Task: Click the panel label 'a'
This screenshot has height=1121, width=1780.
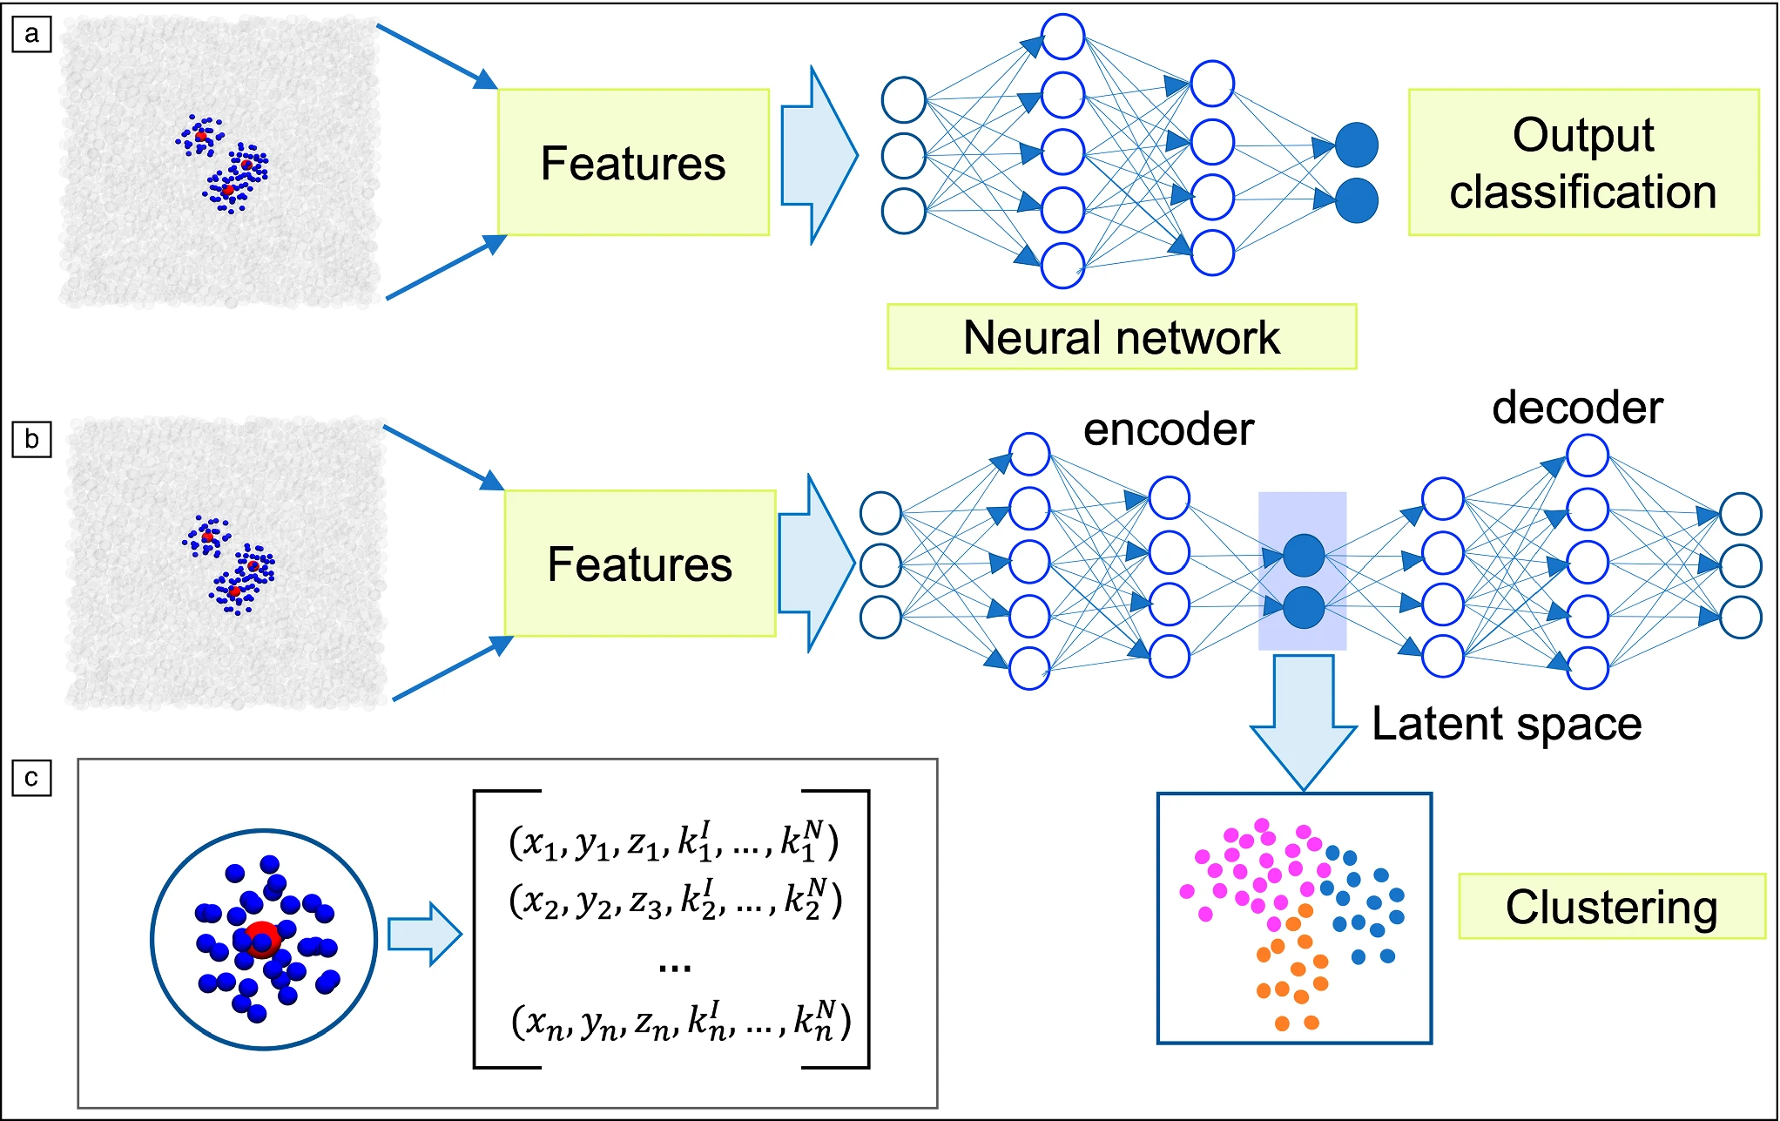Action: tap(32, 35)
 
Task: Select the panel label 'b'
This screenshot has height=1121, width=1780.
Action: tap(32, 439)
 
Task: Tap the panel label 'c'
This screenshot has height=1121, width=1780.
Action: tap(32, 777)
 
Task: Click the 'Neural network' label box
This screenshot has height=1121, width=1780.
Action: tap(1121, 337)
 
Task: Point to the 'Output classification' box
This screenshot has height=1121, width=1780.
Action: tap(1583, 163)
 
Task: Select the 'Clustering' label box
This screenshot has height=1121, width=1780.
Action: tap(1611, 907)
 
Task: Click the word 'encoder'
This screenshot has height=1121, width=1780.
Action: tap(1168, 429)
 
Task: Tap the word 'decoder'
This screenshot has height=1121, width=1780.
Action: tap(1577, 408)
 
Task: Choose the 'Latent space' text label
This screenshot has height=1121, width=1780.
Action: tap(1507, 724)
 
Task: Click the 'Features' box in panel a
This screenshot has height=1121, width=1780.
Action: tap(633, 163)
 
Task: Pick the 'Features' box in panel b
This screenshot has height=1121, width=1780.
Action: tap(640, 564)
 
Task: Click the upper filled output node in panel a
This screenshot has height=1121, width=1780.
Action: tap(1356, 145)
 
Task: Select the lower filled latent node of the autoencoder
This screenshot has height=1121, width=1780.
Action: tap(1304, 607)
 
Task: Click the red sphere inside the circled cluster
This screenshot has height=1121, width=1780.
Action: tap(262, 938)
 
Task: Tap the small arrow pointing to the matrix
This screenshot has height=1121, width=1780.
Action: tap(424, 934)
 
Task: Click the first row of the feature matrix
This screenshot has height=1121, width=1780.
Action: tap(673, 842)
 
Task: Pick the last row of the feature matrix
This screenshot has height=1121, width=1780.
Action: tap(680, 1021)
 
